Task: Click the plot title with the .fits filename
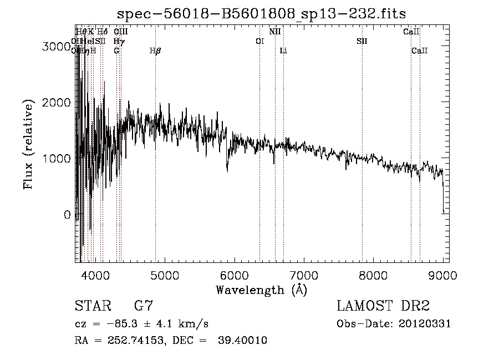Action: pyautogui.click(x=262, y=13)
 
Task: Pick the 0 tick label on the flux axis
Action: pyautogui.click(x=67, y=215)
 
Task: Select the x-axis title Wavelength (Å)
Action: pyautogui.click(x=261, y=290)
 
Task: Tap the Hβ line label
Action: pyautogui.click(x=155, y=51)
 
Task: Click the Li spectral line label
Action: pyautogui.click(x=283, y=51)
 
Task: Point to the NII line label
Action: pyautogui.click(x=275, y=32)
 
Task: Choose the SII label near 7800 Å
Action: pyautogui.click(x=362, y=42)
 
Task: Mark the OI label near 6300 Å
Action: pyautogui.click(x=259, y=42)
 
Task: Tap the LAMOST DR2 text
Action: pyautogui.click(x=383, y=306)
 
